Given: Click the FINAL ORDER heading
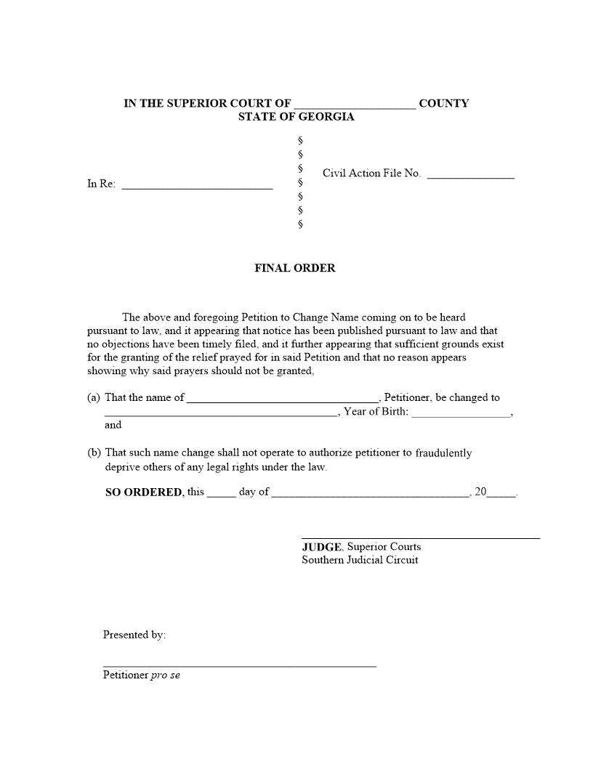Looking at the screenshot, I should [294, 268].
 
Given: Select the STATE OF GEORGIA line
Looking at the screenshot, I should [296, 117].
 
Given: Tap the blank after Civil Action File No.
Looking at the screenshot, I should [470, 175].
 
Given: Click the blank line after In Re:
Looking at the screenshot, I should [197, 186].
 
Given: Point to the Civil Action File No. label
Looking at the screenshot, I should [371, 173].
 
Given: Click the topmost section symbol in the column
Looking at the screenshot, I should [300, 140].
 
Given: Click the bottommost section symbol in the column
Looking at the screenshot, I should [300, 224].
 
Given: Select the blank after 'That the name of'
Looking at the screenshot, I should [283, 399].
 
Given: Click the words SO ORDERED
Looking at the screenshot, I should [144, 492].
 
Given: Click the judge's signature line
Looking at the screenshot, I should [421, 537].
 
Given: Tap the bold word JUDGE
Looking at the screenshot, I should [322, 547].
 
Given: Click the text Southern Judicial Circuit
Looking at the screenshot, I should [360, 560].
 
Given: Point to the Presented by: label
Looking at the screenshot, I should [134, 635].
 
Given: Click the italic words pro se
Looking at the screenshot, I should [165, 675].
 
